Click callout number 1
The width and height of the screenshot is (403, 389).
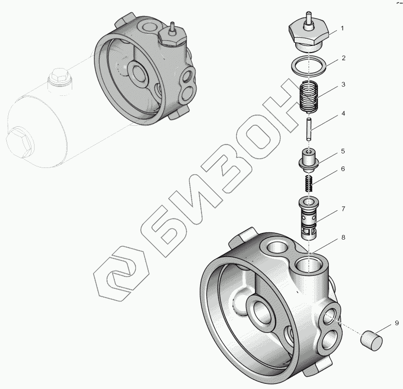tap(342, 28)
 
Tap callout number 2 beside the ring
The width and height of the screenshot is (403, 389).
tap(343, 58)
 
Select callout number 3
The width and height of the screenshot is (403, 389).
tap(343, 84)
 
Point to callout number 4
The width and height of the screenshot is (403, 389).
tap(343, 113)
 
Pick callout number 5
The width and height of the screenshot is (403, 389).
tap(343, 151)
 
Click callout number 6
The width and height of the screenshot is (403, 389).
tap(343, 169)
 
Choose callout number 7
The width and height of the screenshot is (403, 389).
tap(343, 209)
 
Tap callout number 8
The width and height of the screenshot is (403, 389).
tap(343, 238)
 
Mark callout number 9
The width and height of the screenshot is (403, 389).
tap(397, 323)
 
